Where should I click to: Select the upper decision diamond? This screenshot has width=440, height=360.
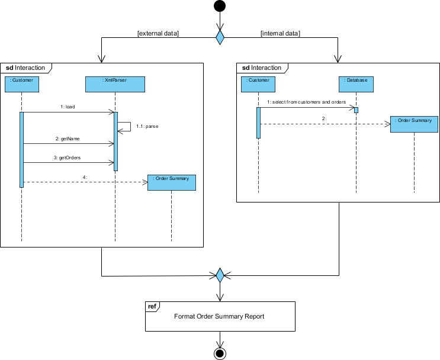[220, 37]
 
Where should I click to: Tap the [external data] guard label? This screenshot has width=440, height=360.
[158, 33]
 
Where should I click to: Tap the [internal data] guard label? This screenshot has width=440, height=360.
[280, 33]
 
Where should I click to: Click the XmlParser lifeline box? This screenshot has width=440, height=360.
[114, 84]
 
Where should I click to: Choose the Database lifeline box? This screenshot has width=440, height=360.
[357, 84]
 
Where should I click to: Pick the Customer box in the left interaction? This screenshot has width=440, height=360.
[22, 84]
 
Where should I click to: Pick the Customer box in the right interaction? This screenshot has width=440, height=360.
[259, 84]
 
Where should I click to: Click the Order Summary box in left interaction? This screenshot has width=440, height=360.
[171, 182]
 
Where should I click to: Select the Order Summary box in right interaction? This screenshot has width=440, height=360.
[414, 124]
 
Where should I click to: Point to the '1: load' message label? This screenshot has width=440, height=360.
[68, 107]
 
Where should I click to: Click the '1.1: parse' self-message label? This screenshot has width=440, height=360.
[147, 126]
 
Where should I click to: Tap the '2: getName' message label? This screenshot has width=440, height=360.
[68, 138]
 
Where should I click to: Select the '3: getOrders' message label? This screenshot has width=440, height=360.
[68, 158]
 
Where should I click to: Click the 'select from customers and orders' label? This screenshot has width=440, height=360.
[306, 102]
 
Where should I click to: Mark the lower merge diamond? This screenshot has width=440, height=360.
[220, 275]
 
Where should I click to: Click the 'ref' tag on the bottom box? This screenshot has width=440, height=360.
[152, 306]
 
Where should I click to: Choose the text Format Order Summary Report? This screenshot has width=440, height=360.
[219, 316]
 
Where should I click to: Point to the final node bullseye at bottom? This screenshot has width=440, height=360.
[220, 353]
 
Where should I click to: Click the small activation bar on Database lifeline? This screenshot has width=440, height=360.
[357, 110]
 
